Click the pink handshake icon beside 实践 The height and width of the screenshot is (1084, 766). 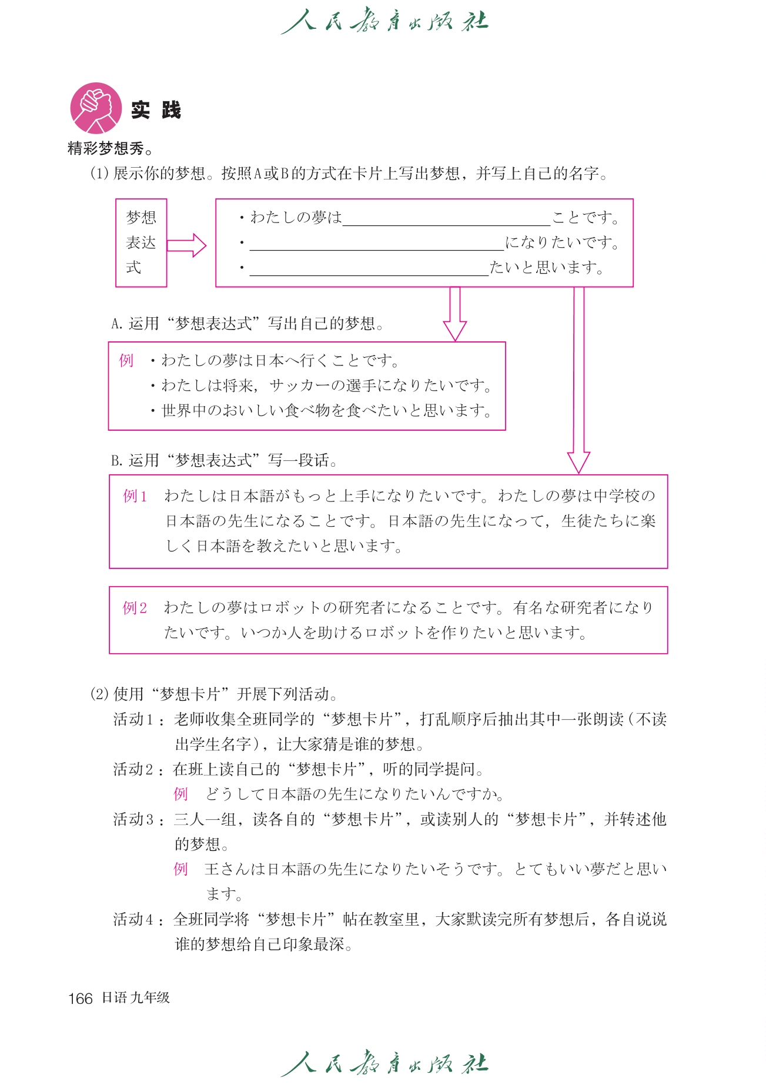point(96,108)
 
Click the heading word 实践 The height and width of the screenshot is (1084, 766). point(156,110)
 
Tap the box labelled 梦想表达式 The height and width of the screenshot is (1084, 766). point(141,242)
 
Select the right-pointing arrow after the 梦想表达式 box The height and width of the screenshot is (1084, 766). point(186,245)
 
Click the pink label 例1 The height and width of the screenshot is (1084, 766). point(135,496)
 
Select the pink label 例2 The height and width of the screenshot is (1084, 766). point(135,608)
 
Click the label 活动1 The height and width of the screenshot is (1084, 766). point(133,719)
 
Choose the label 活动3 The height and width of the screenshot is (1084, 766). point(133,819)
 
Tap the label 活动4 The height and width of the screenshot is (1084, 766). point(133,919)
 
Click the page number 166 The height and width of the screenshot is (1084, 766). point(81,998)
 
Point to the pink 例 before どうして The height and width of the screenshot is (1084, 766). point(180,794)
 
